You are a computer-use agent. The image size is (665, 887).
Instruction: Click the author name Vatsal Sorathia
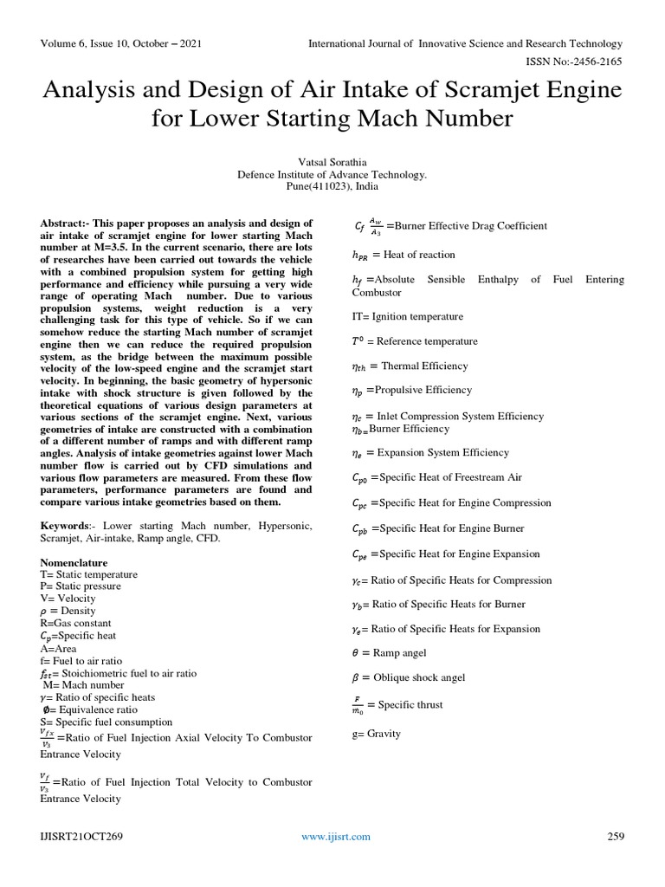(332, 161)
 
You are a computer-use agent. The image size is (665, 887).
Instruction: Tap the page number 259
(615, 836)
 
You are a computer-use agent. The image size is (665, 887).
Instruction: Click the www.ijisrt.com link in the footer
(335, 836)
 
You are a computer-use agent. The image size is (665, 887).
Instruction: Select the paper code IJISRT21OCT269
(79, 836)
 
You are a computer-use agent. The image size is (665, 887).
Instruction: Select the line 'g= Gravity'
(377, 734)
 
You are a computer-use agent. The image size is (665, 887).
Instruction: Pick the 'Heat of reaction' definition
(419, 255)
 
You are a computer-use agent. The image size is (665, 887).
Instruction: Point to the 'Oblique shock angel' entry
(418, 677)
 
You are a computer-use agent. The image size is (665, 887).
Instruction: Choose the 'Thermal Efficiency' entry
(424, 366)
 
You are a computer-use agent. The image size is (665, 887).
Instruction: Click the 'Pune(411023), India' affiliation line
(332, 185)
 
